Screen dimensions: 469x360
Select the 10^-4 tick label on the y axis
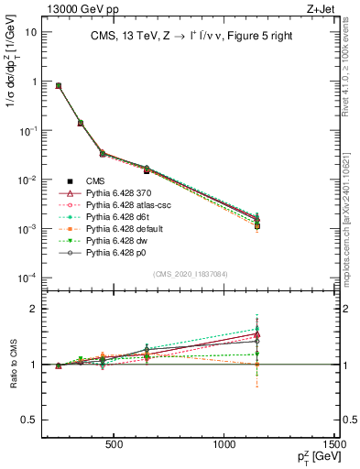pos(27,278)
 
